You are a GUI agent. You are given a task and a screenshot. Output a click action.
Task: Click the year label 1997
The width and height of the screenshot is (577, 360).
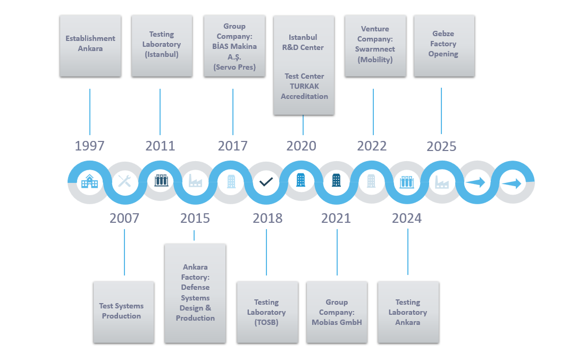[89, 146]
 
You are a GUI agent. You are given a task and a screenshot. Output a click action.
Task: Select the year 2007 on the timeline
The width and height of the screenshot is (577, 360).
[124, 218]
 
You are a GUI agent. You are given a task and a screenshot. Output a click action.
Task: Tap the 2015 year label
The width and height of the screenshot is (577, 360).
[195, 218]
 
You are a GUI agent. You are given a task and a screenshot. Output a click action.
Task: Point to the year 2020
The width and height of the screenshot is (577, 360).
[302, 146]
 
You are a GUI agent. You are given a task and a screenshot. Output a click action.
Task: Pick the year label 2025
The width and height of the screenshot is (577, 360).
[441, 147]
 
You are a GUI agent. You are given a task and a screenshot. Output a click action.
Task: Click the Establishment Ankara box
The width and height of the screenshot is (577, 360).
[90, 46]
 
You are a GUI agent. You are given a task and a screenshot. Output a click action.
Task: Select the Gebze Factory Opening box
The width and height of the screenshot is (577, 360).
[444, 46]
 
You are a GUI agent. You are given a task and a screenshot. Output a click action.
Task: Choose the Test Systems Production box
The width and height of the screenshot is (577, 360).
[123, 312]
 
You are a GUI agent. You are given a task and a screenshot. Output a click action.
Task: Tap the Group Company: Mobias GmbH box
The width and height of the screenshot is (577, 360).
[337, 312]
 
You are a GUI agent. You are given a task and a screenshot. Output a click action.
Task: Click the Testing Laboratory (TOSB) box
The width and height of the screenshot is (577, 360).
[267, 312]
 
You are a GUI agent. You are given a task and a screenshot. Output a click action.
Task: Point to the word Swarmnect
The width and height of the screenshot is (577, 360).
[375, 49]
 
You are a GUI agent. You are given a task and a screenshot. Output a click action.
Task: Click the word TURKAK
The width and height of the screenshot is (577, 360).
[304, 86]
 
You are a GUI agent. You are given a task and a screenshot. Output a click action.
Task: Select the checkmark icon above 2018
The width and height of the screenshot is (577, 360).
[266, 182]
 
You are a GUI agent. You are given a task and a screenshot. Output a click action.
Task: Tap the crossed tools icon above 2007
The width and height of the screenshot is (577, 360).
[124, 181]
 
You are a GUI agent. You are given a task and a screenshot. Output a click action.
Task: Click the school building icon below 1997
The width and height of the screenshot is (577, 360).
[89, 181]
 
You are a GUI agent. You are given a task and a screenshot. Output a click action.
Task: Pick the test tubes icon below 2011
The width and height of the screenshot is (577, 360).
[161, 180]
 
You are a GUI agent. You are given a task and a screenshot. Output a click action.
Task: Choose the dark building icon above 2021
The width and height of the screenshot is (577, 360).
[336, 180]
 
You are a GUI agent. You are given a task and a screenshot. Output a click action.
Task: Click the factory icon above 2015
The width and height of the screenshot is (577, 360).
[195, 181]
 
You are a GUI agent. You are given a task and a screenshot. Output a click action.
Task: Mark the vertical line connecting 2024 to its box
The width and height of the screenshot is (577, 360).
[408, 252]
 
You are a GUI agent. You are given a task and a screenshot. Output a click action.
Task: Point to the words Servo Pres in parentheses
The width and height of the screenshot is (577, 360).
[235, 67]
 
